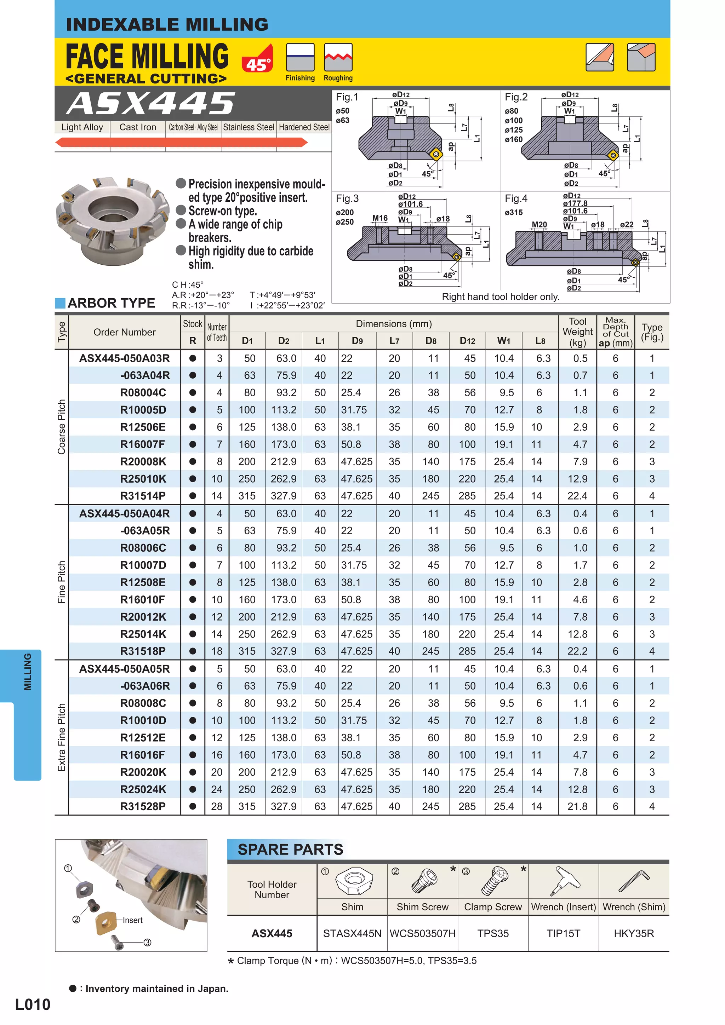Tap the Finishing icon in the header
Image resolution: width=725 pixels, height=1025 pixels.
coord(300,57)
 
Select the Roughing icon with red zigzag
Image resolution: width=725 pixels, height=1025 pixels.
coord(338,57)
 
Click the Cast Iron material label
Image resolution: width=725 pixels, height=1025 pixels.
coord(138,127)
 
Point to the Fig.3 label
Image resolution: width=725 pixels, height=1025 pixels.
coord(347,198)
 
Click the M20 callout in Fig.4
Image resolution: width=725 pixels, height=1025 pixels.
coord(539,225)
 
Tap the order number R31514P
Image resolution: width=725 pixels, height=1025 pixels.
coord(143,496)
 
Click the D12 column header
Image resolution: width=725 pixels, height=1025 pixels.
coord(467,341)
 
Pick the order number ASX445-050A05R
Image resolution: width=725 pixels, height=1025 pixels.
coord(125,669)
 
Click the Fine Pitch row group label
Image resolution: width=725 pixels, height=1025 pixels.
coord(62,582)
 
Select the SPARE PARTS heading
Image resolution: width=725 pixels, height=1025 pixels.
coord(290,849)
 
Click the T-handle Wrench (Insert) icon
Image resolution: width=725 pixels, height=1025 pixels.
coord(564,881)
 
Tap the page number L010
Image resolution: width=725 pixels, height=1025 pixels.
coord(33,1004)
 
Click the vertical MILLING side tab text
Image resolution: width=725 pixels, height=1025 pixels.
coord(28,672)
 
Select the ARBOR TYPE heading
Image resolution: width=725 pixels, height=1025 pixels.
coord(111,303)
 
